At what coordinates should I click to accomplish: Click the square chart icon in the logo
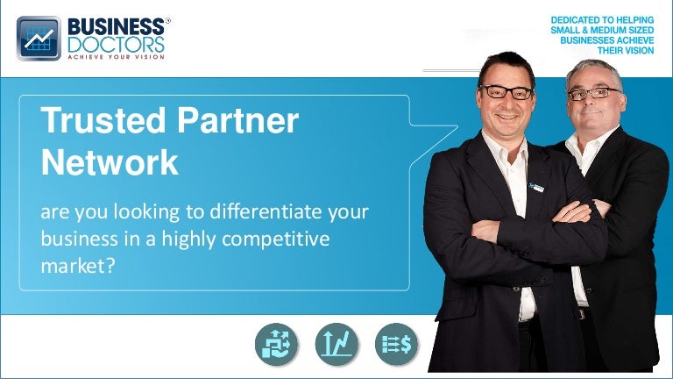(x=38, y=39)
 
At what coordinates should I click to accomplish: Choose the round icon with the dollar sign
(x=396, y=345)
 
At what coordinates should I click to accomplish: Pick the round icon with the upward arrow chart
(x=336, y=345)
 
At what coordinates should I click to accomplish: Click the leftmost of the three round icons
(x=277, y=345)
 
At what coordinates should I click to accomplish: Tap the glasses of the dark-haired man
(x=507, y=91)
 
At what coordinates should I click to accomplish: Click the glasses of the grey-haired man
(x=592, y=93)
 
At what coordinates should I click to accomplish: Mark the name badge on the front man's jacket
(x=535, y=186)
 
